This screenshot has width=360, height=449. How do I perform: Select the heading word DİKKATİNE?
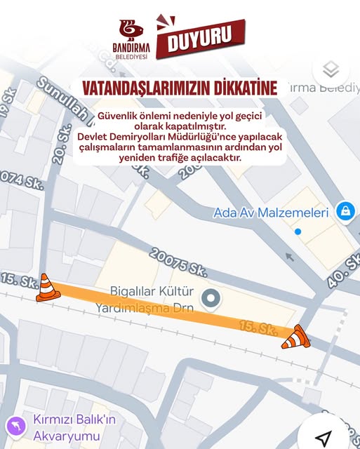point(243,88)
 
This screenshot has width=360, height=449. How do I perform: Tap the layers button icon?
point(331,69)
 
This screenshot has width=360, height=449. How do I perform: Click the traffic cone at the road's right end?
point(296,337)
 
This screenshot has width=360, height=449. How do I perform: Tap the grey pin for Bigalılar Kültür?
point(211,300)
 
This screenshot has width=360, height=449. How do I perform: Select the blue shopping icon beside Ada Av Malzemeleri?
point(345,210)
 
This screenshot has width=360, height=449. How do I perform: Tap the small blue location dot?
point(298,232)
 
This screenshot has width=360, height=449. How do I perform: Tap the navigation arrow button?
point(323,438)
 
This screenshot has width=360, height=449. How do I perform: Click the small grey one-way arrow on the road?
point(290,257)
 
